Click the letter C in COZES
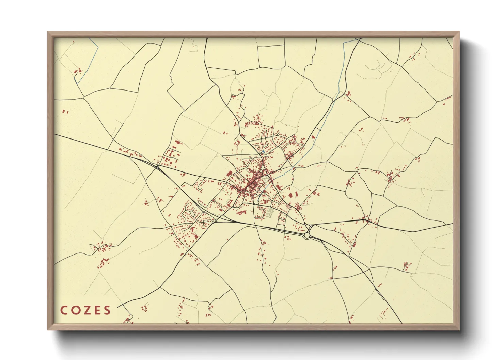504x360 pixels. pos(64,310)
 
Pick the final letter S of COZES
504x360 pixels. pos(107,310)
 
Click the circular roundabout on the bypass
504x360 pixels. pos(307,235)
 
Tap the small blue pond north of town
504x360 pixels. pos(263,151)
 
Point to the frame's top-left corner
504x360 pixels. pos(48,32)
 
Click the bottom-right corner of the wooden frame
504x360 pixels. pos(459,330)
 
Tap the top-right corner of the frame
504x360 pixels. pos(459,32)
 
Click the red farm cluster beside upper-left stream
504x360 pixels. pos(78,71)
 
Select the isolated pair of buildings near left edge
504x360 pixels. pos(64,111)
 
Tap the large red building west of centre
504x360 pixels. pos(230,174)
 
